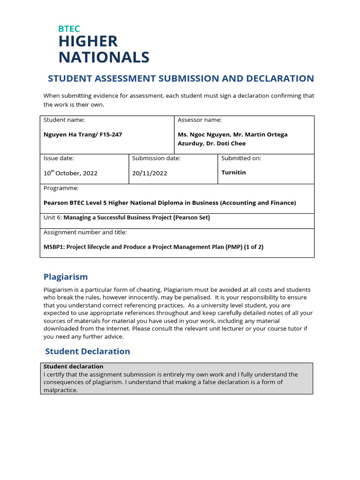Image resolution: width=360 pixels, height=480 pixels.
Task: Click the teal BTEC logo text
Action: (69, 29)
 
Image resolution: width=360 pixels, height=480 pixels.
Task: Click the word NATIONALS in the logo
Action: (104, 57)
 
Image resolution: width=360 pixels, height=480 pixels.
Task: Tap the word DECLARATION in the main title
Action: (277, 78)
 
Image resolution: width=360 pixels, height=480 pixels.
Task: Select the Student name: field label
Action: (64, 120)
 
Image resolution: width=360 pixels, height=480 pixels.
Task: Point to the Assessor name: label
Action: (200, 120)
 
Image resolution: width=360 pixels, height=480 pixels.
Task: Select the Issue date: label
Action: (59, 158)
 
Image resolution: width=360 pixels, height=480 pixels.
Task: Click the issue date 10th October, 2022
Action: (70, 173)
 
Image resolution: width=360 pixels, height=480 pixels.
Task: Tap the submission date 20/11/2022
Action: (150, 173)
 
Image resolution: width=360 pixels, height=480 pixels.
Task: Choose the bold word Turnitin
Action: (233, 172)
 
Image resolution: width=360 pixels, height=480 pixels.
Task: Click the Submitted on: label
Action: (241, 158)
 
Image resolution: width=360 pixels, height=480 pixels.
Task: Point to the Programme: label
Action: (61, 188)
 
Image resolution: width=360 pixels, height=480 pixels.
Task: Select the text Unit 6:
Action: (52, 217)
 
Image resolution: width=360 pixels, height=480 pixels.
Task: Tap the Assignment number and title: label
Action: (85, 232)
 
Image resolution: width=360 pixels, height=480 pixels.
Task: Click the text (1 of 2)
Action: (254, 247)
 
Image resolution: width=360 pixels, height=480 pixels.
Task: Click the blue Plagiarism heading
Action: (66, 277)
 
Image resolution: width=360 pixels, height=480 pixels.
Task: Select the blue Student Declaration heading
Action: (88, 351)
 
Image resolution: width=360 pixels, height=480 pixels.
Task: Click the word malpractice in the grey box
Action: (60, 390)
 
